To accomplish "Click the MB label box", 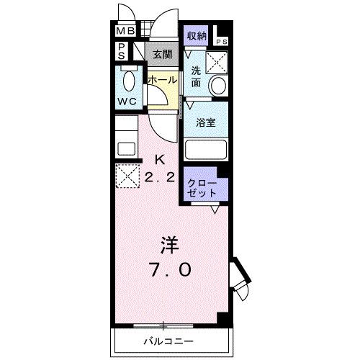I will pyautogui.click(x=125, y=32).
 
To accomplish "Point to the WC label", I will pyautogui.click(x=127, y=102).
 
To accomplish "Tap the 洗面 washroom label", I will pyautogui.click(x=197, y=76).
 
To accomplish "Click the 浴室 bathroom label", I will pyautogui.click(x=205, y=122).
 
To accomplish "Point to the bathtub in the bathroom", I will pyautogui.click(x=206, y=150).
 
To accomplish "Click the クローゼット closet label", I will pyautogui.click(x=202, y=187).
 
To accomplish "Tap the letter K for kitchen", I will pyautogui.click(x=161, y=159).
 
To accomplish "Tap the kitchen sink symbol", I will pyautogui.click(x=126, y=149).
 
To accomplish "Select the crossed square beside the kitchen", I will pyautogui.click(x=127, y=175).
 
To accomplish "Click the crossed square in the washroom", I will pyautogui.click(x=216, y=62).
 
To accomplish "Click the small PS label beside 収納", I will pyautogui.click(x=223, y=41).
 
